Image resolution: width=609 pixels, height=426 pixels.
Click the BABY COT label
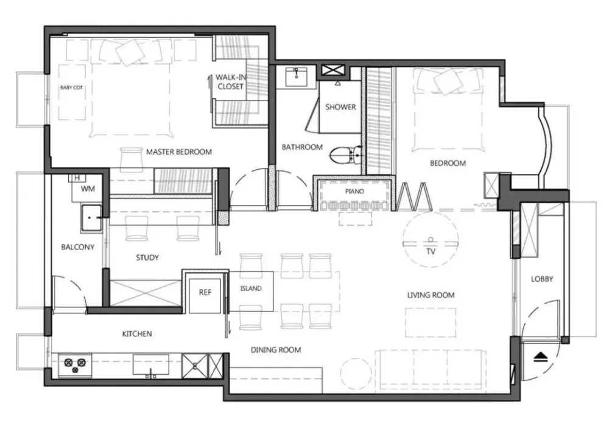[x=71, y=88]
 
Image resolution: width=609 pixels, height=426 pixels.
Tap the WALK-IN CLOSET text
[x=231, y=82]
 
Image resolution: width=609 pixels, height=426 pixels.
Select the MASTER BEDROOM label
[x=179, y=152]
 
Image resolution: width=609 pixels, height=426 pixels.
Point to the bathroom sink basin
[x=297, y=77]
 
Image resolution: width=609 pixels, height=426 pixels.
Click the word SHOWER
[x=340, y=106]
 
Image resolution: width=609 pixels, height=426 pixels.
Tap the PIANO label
[x=354, y=191]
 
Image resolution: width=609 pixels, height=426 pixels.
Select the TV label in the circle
[x=431, y=251]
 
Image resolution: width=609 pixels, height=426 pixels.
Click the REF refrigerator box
[x=205, y=292]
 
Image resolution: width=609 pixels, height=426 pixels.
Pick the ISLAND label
[x=251, y=288]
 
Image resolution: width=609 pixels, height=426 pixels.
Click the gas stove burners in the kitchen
[x=75, y=365]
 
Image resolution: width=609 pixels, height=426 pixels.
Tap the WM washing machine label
[x=88, y=189]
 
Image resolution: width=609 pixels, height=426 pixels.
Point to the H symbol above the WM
[x=77, y=178]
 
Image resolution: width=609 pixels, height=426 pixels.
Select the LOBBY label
[x=542, y=279]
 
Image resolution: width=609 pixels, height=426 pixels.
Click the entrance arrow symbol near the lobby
[x=541, y=357]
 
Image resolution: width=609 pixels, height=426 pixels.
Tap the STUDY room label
[x=147, y=257]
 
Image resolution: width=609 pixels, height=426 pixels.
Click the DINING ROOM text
[x=276, y=350]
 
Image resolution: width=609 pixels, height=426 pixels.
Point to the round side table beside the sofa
[x=356, y=373]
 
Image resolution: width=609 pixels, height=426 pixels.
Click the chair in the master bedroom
[x=132, y=159]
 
